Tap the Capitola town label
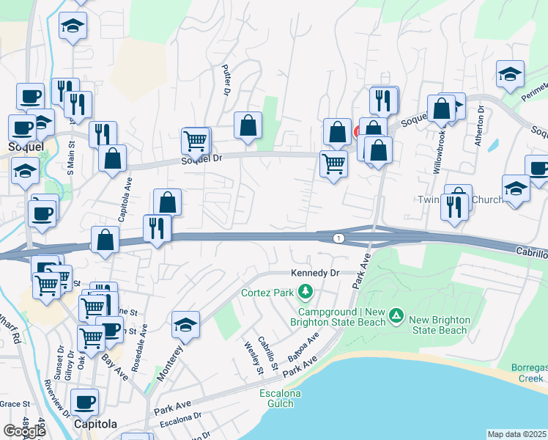[96, 425]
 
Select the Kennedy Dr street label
[316, 273]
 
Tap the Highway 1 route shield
[338, 238]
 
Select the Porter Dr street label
[226, 78]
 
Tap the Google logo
[25, 430]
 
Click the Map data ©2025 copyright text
[517, 434]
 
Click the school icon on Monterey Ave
[186, 325]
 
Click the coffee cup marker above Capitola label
[84, 402]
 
